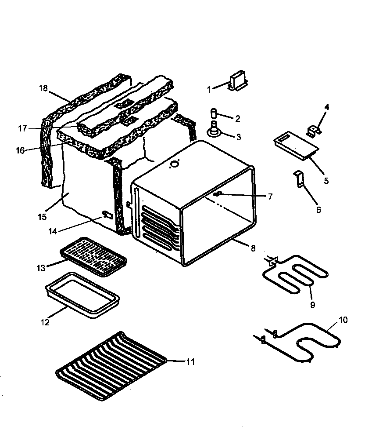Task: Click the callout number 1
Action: click(209, 89)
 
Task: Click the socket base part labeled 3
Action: click(215, 131)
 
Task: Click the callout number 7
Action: click(270, 197)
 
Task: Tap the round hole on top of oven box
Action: click(175, 164)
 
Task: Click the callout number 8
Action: click(253, 248)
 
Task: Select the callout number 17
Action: click(23, 128)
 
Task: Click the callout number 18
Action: click(43, 87)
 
